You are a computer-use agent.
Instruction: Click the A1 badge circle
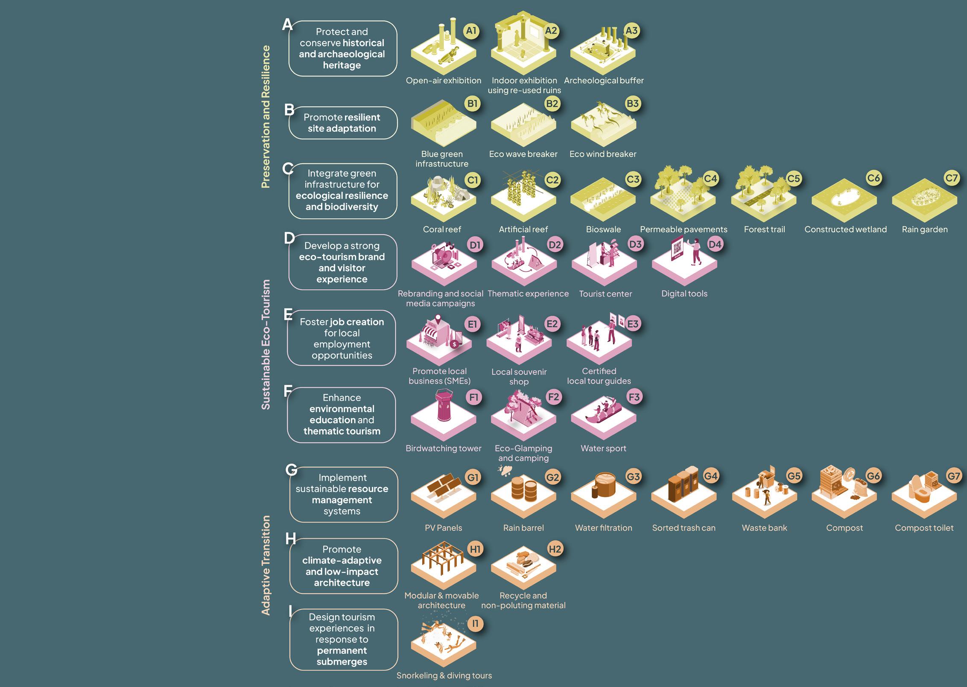pos(471,31)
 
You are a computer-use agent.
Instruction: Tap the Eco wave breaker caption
pos(523,154)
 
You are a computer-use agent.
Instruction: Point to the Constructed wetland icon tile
pos(844,200)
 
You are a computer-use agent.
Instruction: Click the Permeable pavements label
pos(684,230)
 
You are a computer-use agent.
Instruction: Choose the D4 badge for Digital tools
pos(715,245)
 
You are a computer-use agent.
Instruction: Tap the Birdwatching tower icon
pos(443,416)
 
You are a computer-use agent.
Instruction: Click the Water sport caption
pos(603,448)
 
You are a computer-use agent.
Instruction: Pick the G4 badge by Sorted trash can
pos(711,476)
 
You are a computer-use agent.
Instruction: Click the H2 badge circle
pos(555,549)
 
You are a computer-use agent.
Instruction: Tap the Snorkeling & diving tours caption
pos(444,675)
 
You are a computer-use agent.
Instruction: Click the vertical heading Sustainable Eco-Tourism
pos(266,344)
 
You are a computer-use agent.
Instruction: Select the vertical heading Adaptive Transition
pos(266,565)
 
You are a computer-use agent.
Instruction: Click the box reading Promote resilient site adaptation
pos(342,123)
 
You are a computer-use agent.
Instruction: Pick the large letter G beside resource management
pos(291,470)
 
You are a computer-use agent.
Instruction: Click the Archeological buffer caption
pos(604,81)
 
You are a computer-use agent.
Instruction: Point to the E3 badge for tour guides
pos(633,324)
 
